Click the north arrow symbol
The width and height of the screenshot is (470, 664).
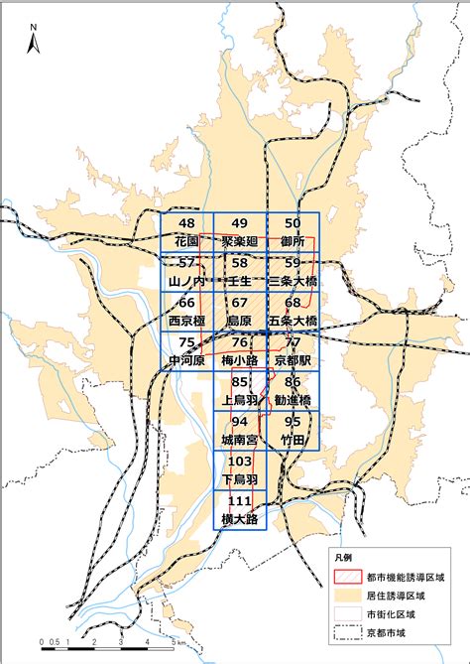tap(32, 42)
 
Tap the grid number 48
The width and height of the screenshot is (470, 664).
tap(186, 225)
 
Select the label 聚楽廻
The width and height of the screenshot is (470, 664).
tap(239, 242)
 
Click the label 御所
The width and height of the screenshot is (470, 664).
tap(293, 242)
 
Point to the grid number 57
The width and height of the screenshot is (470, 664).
tap(186, 264)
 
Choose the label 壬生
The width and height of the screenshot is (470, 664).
tap(239, 282)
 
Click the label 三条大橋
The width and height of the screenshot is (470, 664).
tap(293, 282)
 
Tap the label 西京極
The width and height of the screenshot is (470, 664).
tap(186, 322)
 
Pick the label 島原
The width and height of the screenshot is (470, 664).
tap(239, 322)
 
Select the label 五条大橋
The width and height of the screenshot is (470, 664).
tap(293, 322)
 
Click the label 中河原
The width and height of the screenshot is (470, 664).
tap(186, 360)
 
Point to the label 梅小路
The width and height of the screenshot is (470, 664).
tap(239, 360)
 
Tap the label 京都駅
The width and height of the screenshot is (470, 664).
tap(293, 360)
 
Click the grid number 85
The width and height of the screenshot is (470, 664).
tap(239, 382)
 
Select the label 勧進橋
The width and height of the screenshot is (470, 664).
tap(293, 399)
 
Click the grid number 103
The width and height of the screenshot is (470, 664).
tap(239, 462)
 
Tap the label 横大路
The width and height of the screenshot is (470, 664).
tap(239, 518)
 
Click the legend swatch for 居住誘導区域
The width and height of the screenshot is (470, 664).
tap(349, 596)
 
